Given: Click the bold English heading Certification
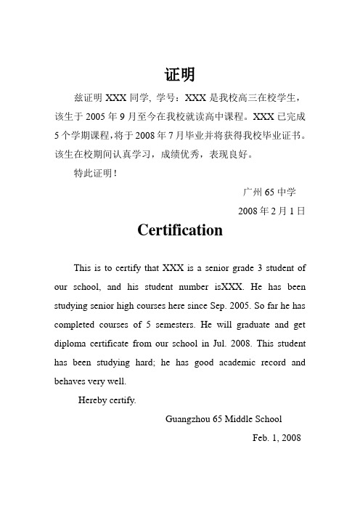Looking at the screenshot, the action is point(179,232).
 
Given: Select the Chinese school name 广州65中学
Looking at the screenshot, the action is point(269,192).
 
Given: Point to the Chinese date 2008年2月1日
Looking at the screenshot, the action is point(271,211).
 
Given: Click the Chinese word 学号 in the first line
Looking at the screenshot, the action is point(166,97).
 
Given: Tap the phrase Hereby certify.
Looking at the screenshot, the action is point(106,400).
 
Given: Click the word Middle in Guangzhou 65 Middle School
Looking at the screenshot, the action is point(245,419).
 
